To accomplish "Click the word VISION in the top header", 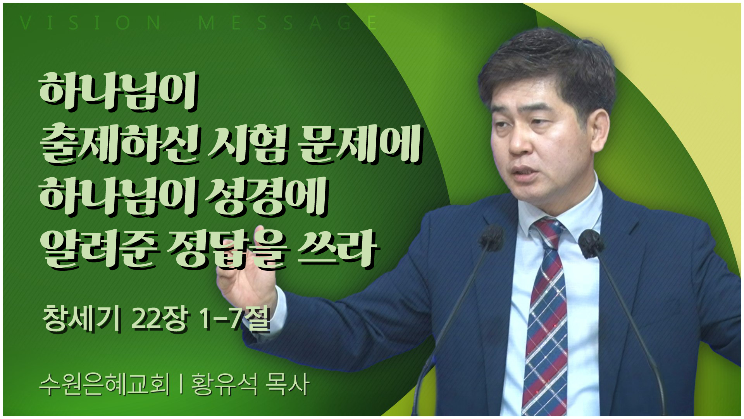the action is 90,23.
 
